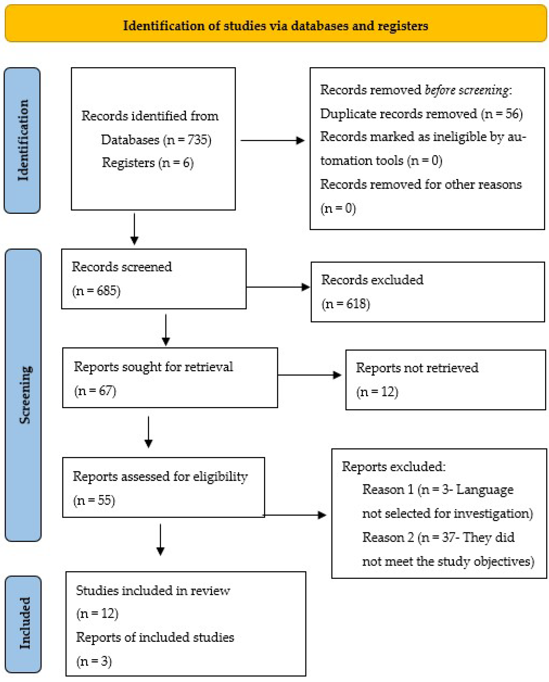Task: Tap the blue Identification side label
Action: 23,140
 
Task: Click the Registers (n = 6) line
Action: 147,163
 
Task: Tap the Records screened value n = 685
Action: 96,290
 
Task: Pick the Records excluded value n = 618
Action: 346,304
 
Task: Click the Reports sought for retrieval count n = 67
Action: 95,391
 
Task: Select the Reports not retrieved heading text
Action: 417,368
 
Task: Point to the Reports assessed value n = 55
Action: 94,500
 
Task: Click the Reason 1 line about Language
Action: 438,490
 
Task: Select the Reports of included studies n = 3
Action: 94,661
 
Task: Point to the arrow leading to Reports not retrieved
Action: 309,375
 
